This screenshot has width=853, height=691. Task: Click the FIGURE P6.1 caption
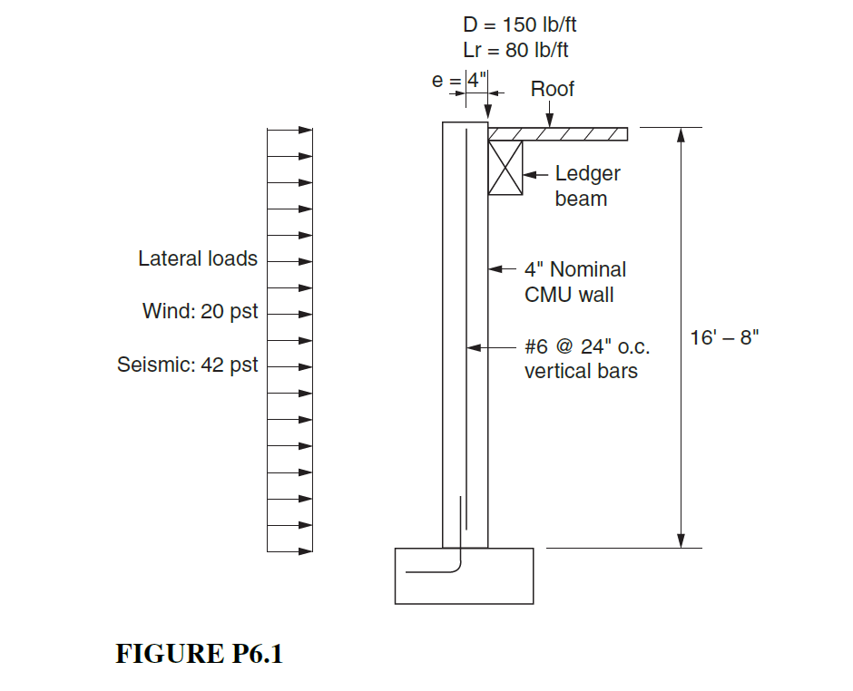(x=199, y=654)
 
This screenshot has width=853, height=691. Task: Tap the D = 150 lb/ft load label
(x=519, y=25)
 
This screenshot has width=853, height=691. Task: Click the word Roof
(x=552, y=89)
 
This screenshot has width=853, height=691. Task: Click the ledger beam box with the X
(x=505, y=168)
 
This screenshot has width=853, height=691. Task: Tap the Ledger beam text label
(x=587, y=186)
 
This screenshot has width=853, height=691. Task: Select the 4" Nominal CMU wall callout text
(x=574, y=282)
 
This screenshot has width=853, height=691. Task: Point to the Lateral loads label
(x=198, y=259)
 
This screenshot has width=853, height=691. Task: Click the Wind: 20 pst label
(x=200, y=312)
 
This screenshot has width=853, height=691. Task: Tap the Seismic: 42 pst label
(x=188, y=365)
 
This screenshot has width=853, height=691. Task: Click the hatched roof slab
(x=557, y=134)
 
